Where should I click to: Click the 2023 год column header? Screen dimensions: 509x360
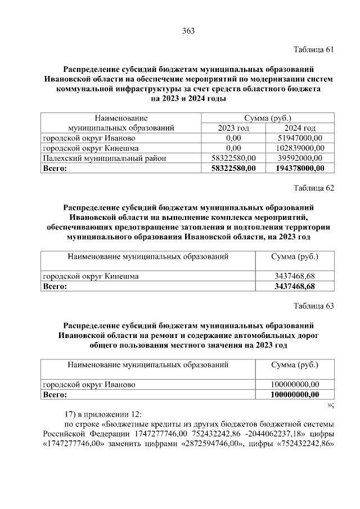tap(233, 128)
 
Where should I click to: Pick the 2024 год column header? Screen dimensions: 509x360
tap(300, 128)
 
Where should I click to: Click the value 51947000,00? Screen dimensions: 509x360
tap(300, 138)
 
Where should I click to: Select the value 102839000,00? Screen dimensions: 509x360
tap(300, 148)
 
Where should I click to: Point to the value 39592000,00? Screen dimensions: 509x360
tap(300, 158)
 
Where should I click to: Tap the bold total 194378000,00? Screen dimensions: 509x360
tap(300, 168)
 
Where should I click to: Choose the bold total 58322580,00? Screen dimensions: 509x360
tap(233, 168)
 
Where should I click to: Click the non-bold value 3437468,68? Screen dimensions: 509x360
tap(295, 276)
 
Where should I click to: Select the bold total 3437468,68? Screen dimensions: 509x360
tap(295, 286)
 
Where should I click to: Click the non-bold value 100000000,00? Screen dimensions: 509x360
tap(295, 384)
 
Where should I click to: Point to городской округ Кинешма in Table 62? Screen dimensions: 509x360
tap(91, 276)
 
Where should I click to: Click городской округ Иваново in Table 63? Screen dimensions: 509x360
tap(89, 384)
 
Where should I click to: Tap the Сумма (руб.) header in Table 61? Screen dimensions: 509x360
tap(267, 118)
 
